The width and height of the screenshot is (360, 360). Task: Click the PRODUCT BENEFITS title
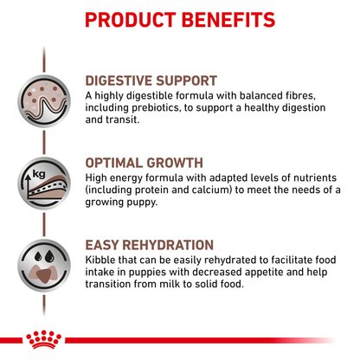pos(180,19)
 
